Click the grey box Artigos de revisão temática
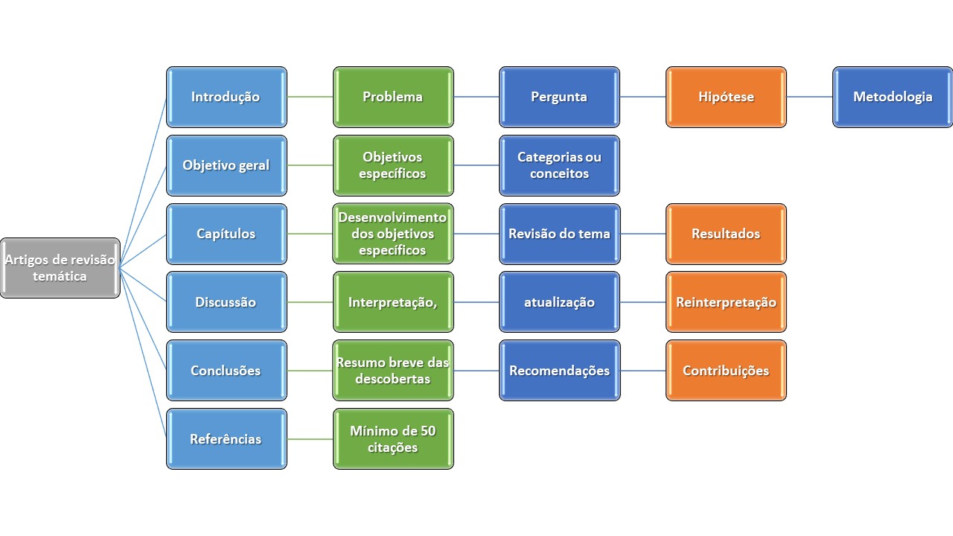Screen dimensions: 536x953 (60, 268)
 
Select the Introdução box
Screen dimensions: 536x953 (226, 97)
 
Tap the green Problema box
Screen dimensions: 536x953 (393, 97)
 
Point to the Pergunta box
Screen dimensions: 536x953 (559, 97)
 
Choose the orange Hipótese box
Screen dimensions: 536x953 (726, 97)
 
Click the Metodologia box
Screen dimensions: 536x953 (893, 97)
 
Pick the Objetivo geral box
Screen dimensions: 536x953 (226, 165)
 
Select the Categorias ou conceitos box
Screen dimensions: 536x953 (559, 165)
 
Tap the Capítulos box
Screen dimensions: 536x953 (226, 234)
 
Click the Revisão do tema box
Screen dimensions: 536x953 (559, 234)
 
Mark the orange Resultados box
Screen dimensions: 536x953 (726, 234)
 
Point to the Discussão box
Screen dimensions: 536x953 (226, 302)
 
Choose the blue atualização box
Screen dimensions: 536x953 (559, 302)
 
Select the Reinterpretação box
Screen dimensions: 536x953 (726, 302)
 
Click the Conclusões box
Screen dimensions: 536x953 (226, 371)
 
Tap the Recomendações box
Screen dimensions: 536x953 (559, 371)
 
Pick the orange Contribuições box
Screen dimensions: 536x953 (726, 371)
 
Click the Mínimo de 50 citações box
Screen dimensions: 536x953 (393, 439)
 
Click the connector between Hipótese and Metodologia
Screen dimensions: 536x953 (809, 97)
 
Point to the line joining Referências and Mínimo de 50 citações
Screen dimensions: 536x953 (310, 439)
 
